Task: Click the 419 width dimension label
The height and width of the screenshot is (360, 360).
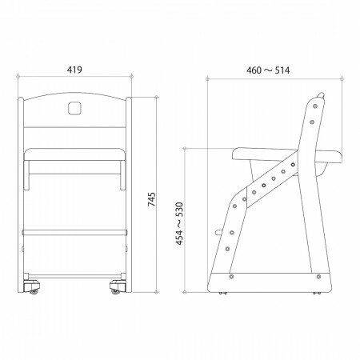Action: click(73, 70)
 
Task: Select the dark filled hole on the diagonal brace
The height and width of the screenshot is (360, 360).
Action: click(254, 192)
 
